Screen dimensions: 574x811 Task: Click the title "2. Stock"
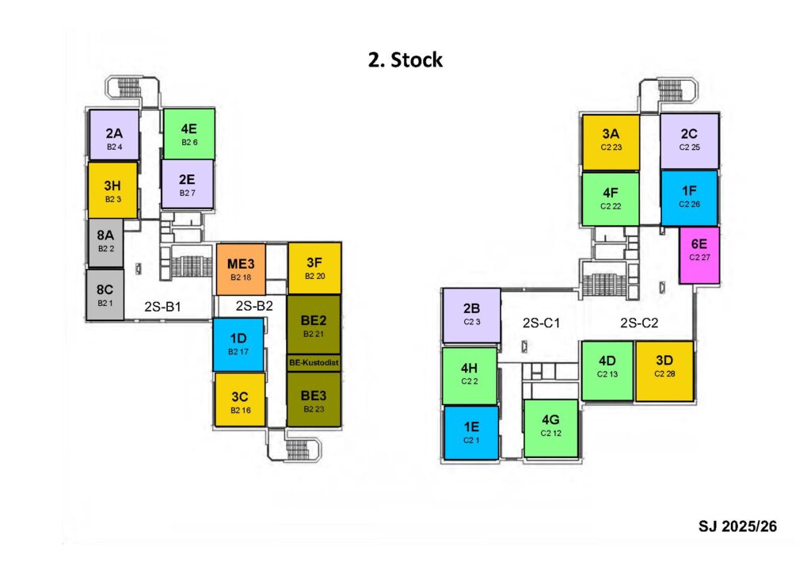pyautogui.click(x=405, y=60)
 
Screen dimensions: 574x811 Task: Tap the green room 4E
pyautogui.click(x=188, y=133)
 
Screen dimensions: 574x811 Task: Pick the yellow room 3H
pyautogui.click(x=113, y=190)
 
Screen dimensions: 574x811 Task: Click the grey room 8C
pyautogui.click(x=105, y=294)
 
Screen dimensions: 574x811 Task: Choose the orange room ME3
pyautogui.click(x=240, y=269)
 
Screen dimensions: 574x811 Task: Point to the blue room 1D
pyautogui.click(x=238, y=344)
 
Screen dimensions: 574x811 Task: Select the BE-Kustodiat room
pyautogui.click(x=314, y=363)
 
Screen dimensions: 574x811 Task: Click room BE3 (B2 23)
pyautogui.click(x=314, y=400)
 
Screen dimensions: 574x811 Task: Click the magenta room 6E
pyautogui.click(x=699, y=255)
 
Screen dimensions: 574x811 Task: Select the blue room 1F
pyautogui.click(x=689, y=197)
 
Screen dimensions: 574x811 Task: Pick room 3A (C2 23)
pyautogui.click(x=610, y=141)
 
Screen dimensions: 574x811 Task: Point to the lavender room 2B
pyautogui.click(x=471, y=313)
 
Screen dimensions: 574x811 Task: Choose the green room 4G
pyautogui.click(x=550, y=427)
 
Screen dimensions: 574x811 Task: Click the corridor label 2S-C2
pyautogui.click(x=638, y=323)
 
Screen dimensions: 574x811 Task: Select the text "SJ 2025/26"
pyautogui.click(x=737, y=525)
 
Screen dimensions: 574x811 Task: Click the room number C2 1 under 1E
pyautogui.click(x=470, y=439)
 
